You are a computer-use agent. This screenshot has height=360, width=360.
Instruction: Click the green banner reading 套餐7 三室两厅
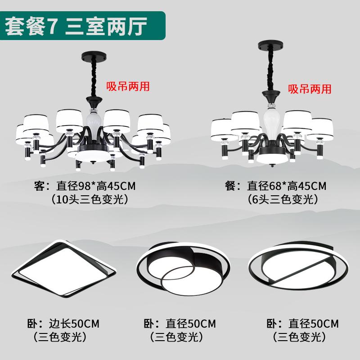pyautogui.click(x=82, y=26)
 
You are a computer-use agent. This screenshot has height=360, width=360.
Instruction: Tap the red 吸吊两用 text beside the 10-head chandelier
pyautogui.click(x=128, y=86)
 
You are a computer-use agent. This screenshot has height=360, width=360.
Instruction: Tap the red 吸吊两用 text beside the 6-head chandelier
pyautogui.click(x=310, y=89)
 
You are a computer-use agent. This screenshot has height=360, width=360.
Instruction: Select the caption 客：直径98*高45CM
pyautogui.click(x=85, y=186)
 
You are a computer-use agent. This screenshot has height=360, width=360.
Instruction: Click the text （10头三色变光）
pyautogui.click(x=90, y=199)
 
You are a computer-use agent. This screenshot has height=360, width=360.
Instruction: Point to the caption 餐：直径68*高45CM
pyautogui.click(x=275, y=186)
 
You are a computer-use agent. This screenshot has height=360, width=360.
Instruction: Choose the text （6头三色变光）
pyautogui.click(x=283, y=199)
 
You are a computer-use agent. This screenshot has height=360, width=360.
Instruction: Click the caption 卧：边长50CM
pyautogui.click(x=63, y=324)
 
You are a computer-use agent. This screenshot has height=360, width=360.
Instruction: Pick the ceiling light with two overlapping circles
pyautogui.click(x=183, y=268)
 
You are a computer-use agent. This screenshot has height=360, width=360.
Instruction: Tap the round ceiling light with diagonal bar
pyautogui.click(x=298, y=266)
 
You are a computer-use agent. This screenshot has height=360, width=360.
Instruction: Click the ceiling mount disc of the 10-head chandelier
pyautogui.click(x=94, y=58)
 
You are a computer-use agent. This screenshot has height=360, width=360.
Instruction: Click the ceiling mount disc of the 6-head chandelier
pyautogui.click(x=270, y=46)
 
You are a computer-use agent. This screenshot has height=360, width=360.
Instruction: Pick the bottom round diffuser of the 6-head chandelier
pyautogui.click(x=272, y=158)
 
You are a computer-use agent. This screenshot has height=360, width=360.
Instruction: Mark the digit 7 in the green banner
pyautogui.click(x=52, y=26)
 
